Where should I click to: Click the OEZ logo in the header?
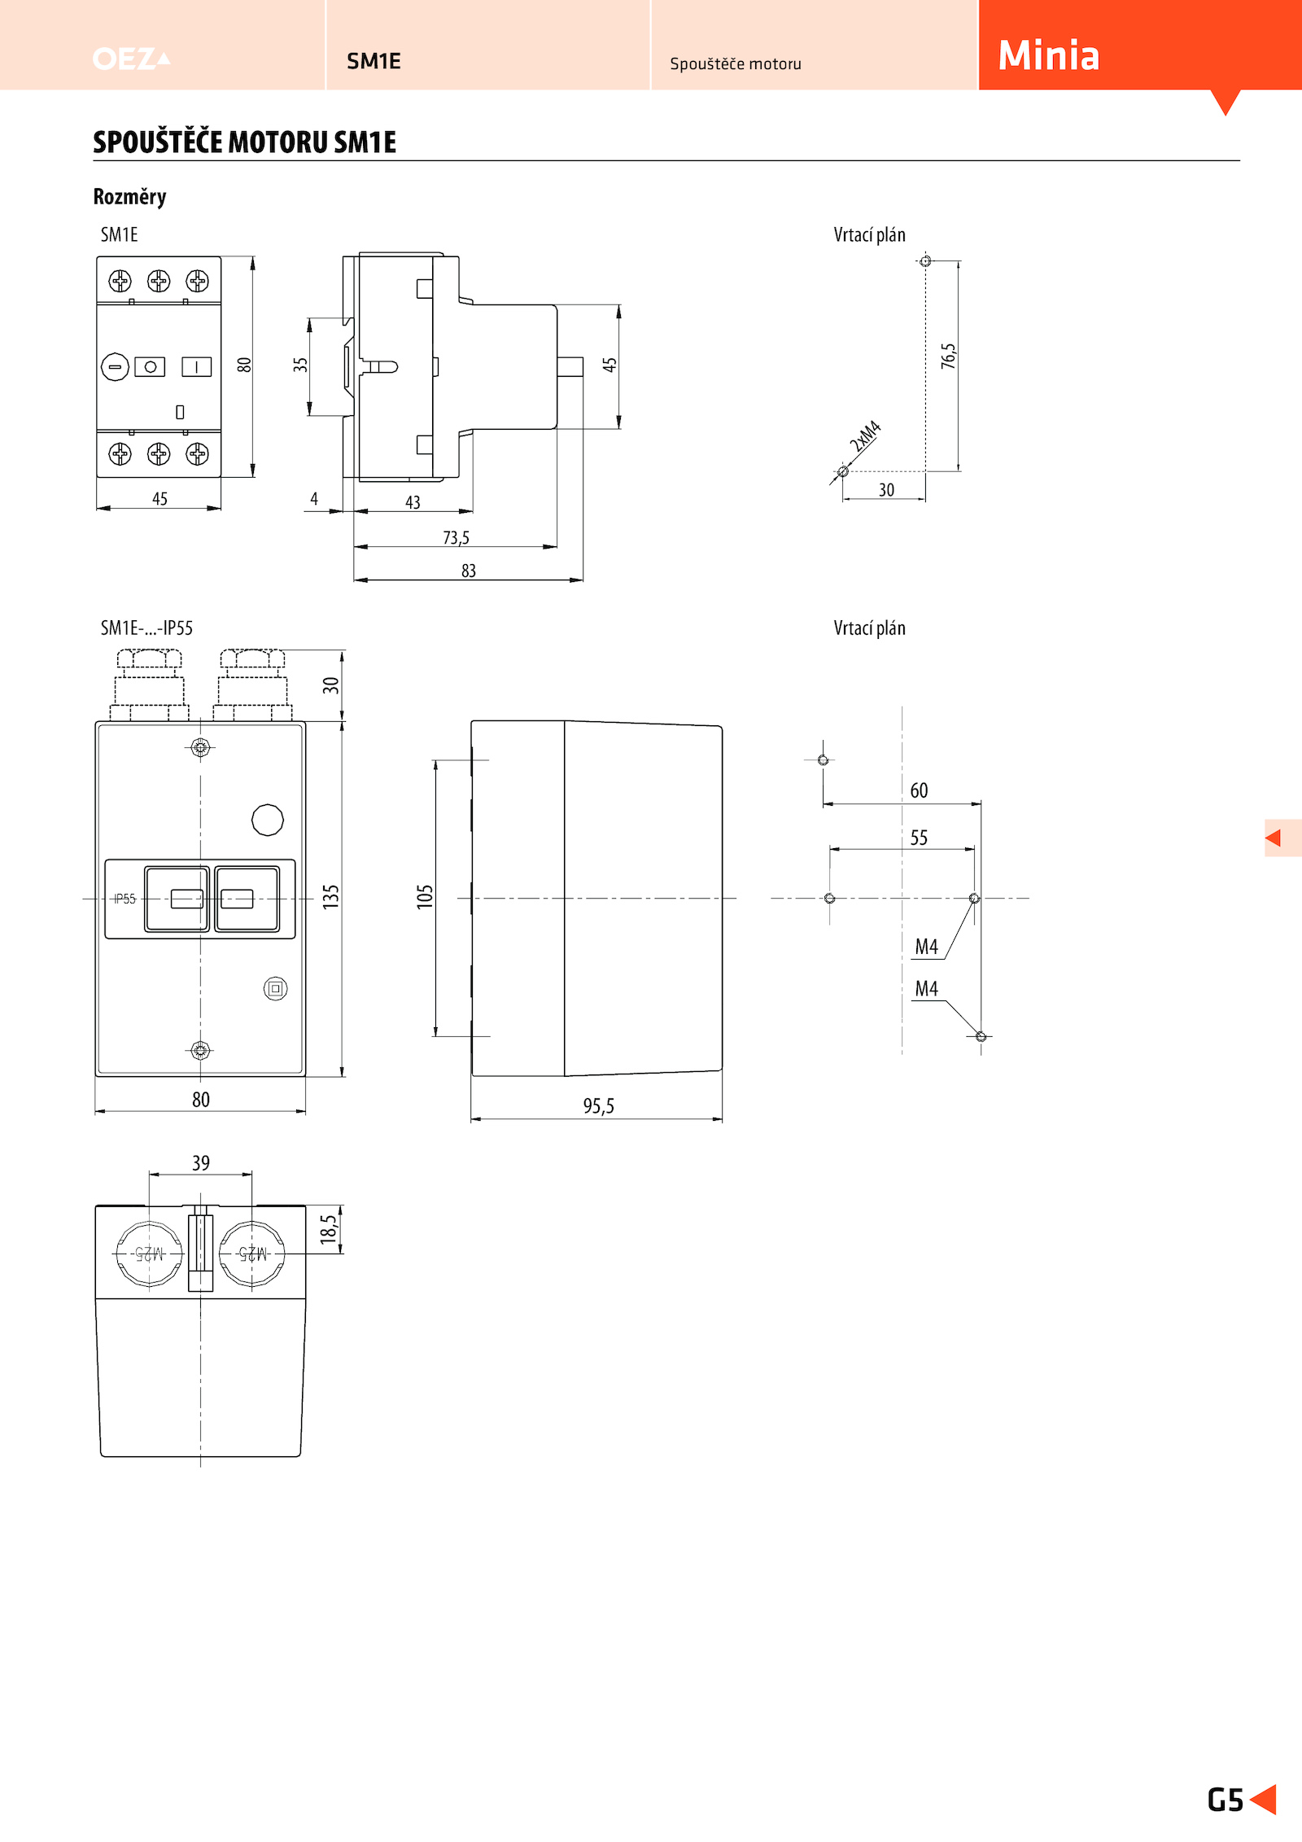131,59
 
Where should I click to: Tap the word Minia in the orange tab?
1049,55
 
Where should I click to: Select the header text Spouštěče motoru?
736,63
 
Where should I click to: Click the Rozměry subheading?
129,197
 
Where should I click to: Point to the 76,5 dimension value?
948,357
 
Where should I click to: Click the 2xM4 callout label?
865,436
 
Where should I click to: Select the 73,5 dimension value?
456,538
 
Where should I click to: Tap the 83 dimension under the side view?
469,571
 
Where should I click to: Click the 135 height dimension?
330,897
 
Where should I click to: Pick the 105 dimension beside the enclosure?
425,897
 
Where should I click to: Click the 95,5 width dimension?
598,1106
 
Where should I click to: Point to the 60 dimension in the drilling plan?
919,790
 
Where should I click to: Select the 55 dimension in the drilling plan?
919,838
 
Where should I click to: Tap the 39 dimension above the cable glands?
201,1163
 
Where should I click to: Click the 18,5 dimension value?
328,1229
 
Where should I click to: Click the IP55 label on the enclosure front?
125,899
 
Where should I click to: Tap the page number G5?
1226,1800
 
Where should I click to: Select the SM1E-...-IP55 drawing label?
146,628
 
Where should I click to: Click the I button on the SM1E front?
196,367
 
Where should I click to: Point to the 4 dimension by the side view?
314,499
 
